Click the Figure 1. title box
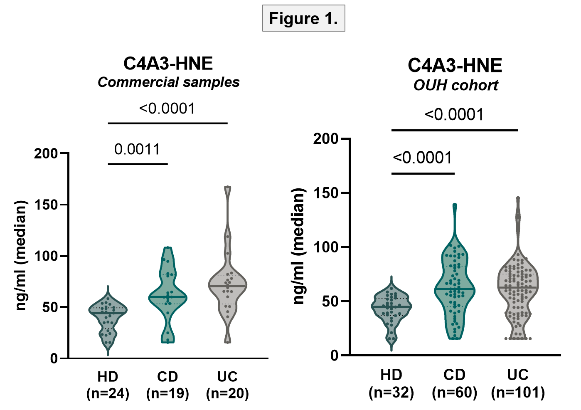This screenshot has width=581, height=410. [x=303, y=18]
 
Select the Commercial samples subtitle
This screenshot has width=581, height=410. [x=169, y=82]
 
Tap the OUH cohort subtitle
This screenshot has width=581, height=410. [x=455, y=85]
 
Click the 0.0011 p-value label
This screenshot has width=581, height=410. [x=137, y=149]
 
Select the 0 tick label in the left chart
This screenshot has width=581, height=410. [x=54, y=358]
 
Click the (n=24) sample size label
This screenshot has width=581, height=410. [x=108, y=393]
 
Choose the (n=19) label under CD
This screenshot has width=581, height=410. [x=167, y=393]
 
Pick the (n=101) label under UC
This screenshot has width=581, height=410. [x=518, y=393]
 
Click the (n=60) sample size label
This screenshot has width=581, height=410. [x=454, y=393]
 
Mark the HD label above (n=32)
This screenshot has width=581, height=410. [x=391, y=375]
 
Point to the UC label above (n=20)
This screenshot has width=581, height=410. [x=227, y=376]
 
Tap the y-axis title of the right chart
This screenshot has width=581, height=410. [x=298, y=246]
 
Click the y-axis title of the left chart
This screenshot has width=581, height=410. [x=20, y=256]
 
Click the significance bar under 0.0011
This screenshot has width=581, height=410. [x=138, y=164]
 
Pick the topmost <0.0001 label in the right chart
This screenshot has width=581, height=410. [x=454, y=114]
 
